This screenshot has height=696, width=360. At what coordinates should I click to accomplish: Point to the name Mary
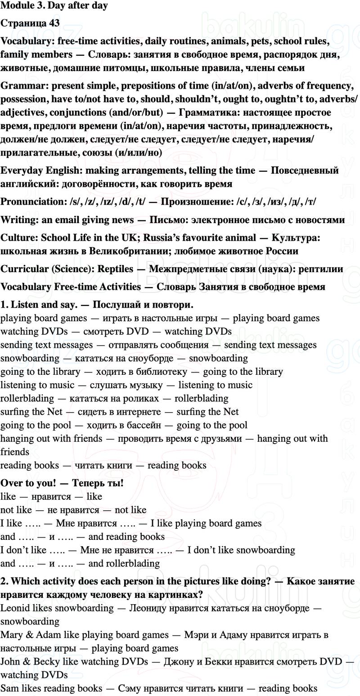(x=11, y=635)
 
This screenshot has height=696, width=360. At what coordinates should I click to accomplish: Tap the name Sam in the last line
(x=9, y=688)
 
